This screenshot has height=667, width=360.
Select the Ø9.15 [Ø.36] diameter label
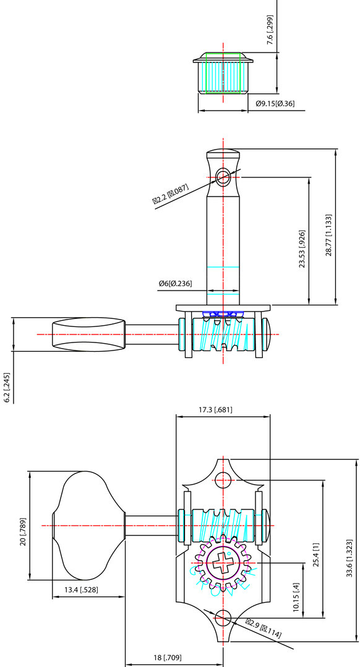(x=275, y=103)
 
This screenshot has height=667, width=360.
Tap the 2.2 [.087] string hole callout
(x=171, y=195)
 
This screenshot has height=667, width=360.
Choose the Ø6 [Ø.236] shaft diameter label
(x=175, y=284)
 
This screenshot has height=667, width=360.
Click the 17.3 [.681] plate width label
(x=215, y=409)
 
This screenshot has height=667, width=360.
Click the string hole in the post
(x=223, y=177)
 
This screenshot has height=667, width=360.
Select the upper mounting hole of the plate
(x=223, y=479)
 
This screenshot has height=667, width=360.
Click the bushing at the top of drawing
(x=223, y=75)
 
